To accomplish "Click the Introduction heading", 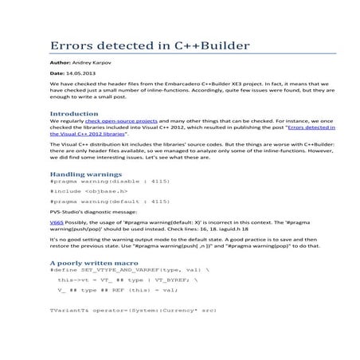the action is click(73, 115).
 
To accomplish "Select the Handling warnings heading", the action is click(85, 173).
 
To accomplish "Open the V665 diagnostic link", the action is click(56, 224).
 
